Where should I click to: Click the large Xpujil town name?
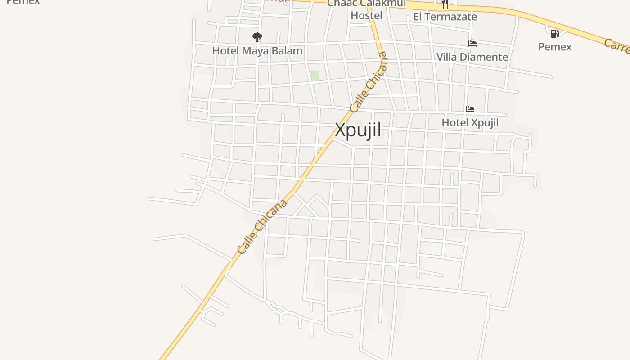click(358, 130)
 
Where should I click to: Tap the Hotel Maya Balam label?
click(257, 51)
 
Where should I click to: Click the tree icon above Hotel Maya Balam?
click(257, 37)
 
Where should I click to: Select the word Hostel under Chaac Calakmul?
click(366, 16)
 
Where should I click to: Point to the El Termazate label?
click(445, 17)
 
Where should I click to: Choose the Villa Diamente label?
click(472, 57)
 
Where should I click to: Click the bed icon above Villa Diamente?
click(472, 44)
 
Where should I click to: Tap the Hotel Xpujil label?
click(470, 122)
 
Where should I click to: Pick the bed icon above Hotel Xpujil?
click(470, 109)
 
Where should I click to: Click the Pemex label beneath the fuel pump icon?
click(555, 47)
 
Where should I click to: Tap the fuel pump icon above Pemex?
click(554, 34)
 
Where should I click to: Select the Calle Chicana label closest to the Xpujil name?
click(369, 82)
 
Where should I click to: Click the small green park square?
click(315, 76)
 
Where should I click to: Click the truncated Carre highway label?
click(616, 46)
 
